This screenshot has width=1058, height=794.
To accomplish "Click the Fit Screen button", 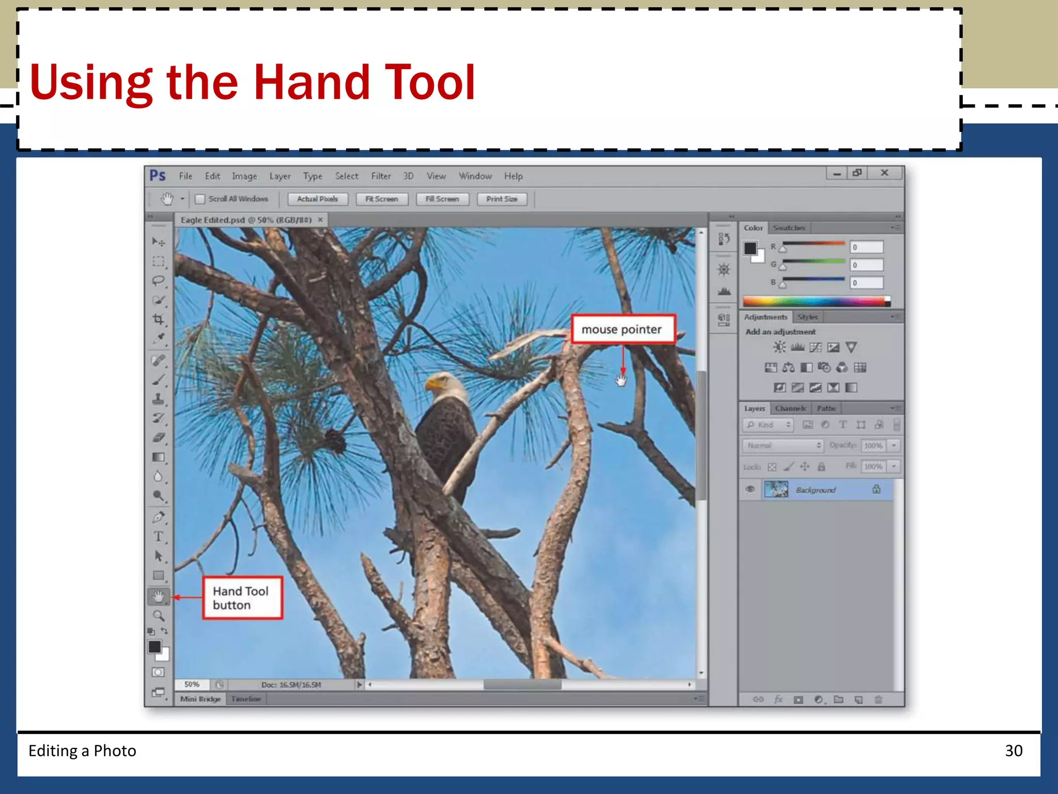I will pyautogui.click(x=382, y=199).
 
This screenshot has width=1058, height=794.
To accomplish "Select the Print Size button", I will pyautogui.click(x=502, y=199).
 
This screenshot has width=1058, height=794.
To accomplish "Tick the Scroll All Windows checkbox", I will pyautogui.click(x=200, y=199).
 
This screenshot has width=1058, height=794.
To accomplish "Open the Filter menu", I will pyautogui.click(x=381, y=176).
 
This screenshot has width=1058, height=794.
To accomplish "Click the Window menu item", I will pyautogui.click(x=475, y=176).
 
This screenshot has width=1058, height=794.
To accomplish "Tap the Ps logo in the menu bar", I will pyautogui.click(x=158, y=176).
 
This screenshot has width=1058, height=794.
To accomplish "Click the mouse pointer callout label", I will pyautogui.click(x=623, y=329).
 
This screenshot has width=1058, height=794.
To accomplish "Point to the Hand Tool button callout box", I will pyautogui.click(x=242, y=598).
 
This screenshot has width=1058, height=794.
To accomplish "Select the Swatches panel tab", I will pyautogui.click(x=789, y=228).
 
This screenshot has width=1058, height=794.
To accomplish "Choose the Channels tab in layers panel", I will pyautogui.click(x=790, y=408).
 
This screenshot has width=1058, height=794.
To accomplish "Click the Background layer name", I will pyautogui.click(x=815, y=490).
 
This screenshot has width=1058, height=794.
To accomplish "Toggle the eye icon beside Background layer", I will pyautogui.click(x=750, y=489).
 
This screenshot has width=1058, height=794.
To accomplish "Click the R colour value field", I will pyautogui.click(x=867, y=248).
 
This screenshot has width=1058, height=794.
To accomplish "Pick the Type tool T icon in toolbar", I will pyautogui.click(x=159, y=537).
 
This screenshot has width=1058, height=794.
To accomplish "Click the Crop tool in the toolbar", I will pyautogui.click(x=159, y=319).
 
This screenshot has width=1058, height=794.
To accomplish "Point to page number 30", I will pyautogui.click(x=1014, y=751).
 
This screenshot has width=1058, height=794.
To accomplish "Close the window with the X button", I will pyautogui.click(x=884, y=173).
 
